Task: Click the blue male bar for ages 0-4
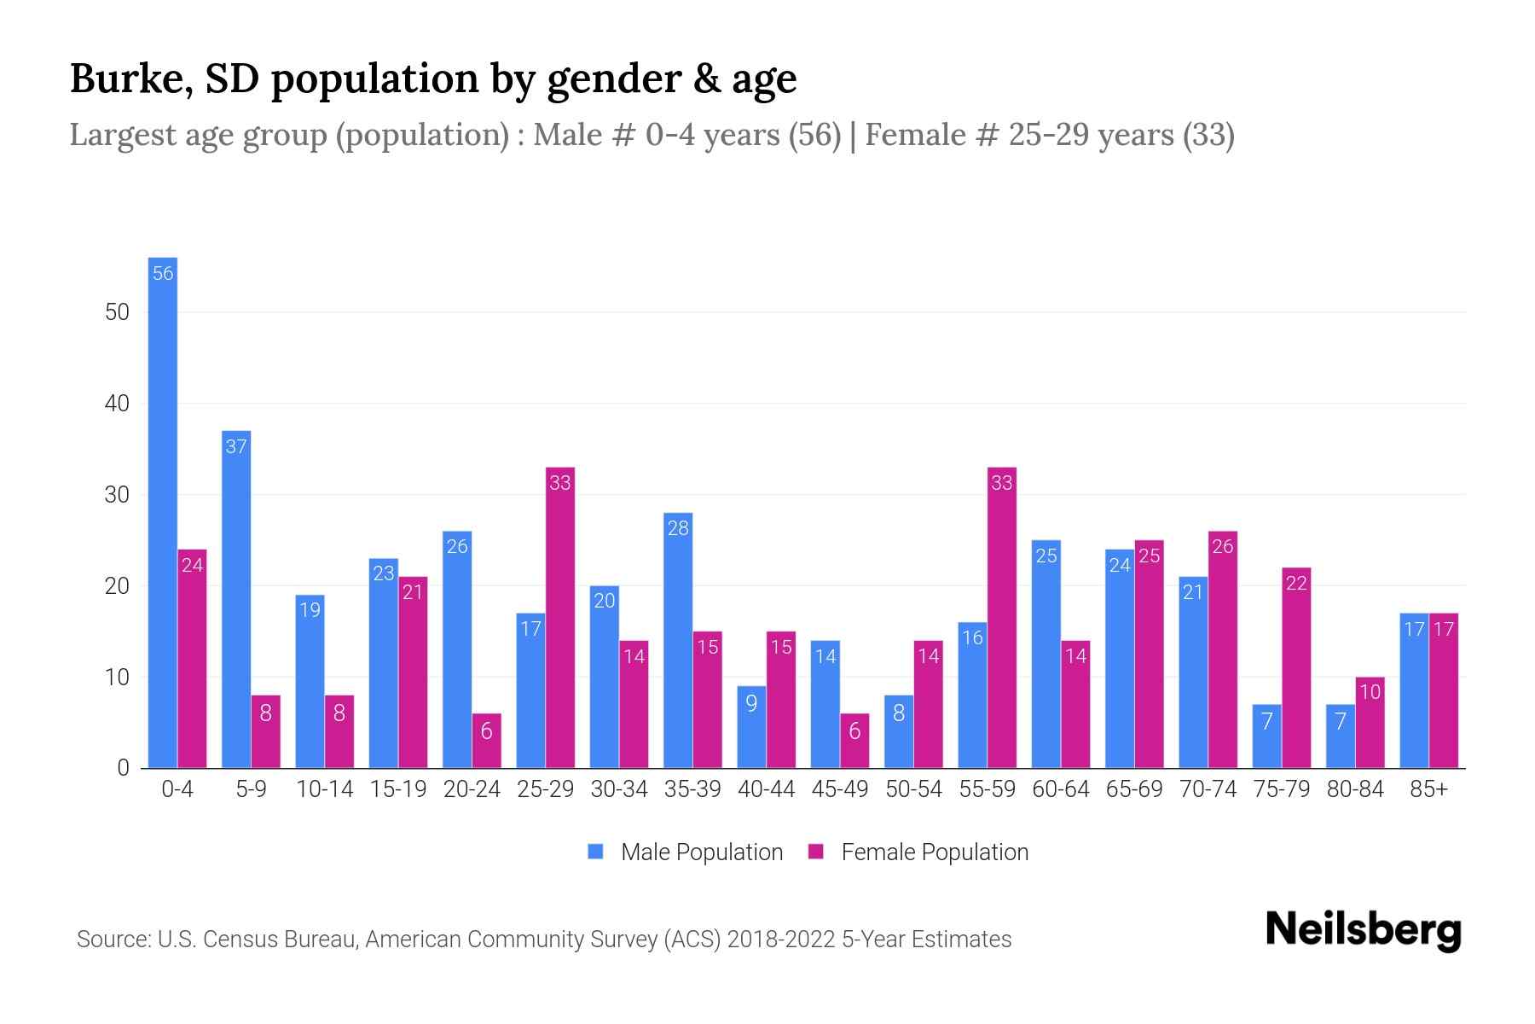pos(163,512)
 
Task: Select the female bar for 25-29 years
pos(560,619)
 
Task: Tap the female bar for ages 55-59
pos(1002,619)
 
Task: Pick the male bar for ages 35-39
pos(678,640)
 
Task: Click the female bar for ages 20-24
pos(487,741)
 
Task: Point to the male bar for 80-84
pos(1341,736)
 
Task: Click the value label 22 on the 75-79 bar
pos(1296,584)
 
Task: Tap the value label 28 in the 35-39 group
pos(678,528)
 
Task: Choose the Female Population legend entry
pos(918,852)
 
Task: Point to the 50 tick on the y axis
pos(117,312)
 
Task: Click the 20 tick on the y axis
pos(117,586)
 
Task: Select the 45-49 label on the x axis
pos(840,789)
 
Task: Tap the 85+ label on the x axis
pos(1428,789)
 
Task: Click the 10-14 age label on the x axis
pos(324,789)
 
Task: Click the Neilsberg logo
pos(1363,930)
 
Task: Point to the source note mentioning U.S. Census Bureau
pos(543,940)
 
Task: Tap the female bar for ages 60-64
pos(1076,704)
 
